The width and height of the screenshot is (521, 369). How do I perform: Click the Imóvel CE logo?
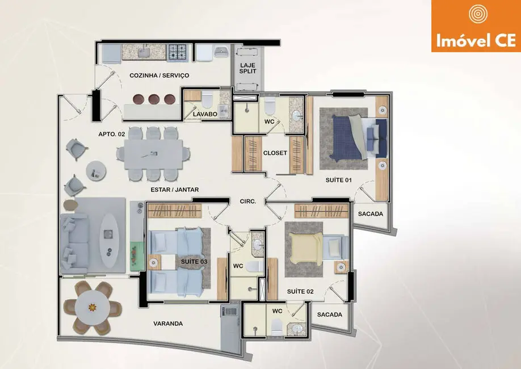[476, 26]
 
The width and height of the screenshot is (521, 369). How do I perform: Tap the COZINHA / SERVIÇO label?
[159, 75]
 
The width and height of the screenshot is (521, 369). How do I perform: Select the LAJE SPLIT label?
[247, 69]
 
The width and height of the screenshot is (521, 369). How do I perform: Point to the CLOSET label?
[275, 153]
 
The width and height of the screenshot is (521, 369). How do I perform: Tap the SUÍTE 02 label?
[301, 291]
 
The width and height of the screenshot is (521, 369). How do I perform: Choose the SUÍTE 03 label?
[194, 261]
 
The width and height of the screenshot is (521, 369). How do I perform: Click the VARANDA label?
[168, 324]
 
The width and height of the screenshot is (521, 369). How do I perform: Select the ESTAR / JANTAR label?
[175, 190]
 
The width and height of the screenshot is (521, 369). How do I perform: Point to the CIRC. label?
[248, 201]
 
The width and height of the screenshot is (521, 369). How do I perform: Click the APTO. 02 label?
[111, 134]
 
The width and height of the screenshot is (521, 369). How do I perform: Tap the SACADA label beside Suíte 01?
[370, 214]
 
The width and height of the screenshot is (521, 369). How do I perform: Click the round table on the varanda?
[93, 307]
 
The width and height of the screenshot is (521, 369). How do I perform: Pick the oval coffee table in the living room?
[109, 235]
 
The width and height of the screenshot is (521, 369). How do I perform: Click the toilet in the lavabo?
[208, 100]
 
